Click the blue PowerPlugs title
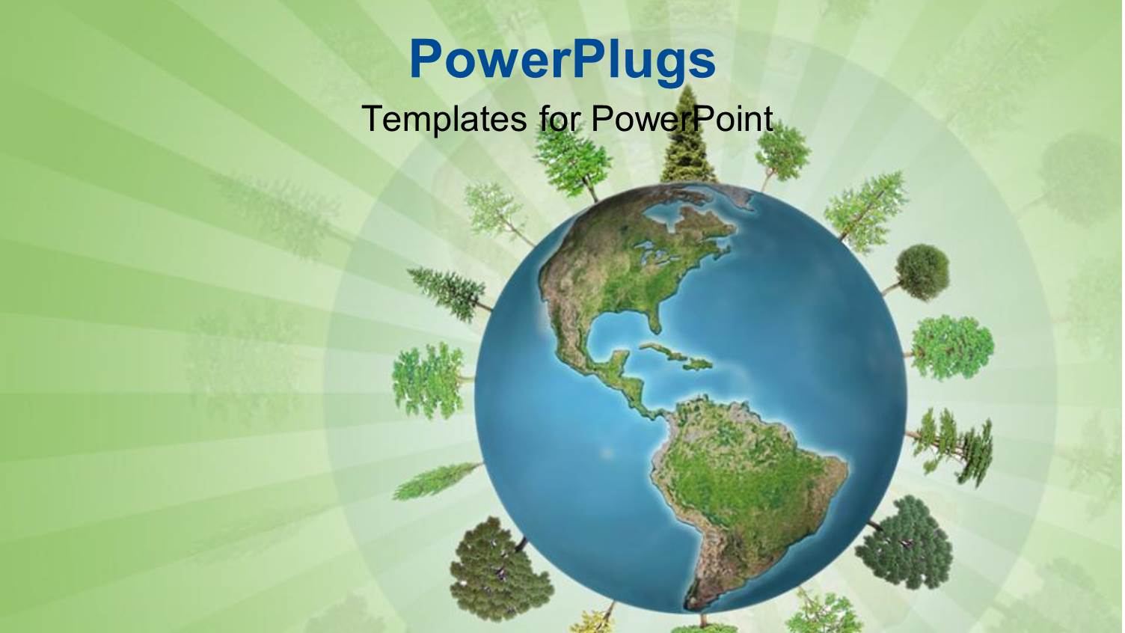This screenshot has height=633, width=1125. pos(562,60)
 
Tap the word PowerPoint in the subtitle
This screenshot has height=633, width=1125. pos(681,118)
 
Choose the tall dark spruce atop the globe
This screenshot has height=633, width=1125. pos(688,138)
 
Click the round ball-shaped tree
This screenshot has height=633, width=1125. pos(922,270)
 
